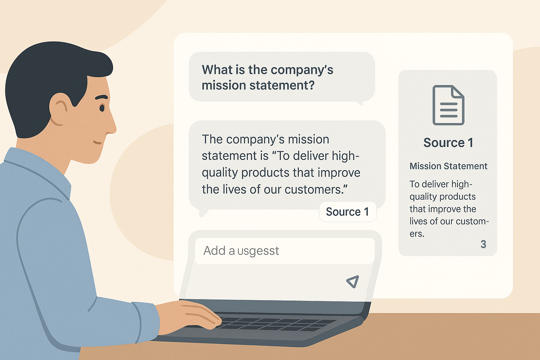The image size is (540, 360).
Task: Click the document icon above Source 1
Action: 448,105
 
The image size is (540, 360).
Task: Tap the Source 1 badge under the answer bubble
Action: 348,212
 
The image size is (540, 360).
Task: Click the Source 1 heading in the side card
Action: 448,142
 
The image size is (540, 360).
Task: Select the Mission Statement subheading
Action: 448,166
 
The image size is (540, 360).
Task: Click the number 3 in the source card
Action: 483,244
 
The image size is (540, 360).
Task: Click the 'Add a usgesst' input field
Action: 285,251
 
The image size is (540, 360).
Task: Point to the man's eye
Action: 102,108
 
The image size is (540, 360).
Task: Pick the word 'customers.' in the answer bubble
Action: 316,189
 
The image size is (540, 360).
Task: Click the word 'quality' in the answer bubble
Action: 220,173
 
